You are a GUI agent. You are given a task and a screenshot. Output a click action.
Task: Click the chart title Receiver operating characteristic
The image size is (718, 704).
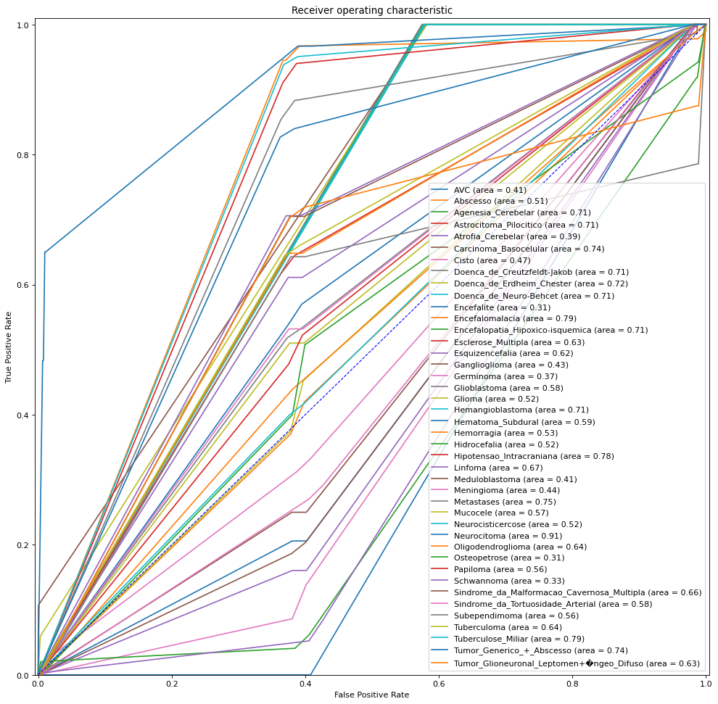coord(371,10)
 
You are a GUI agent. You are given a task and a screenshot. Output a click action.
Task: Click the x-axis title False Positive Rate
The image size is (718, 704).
coord(371,695)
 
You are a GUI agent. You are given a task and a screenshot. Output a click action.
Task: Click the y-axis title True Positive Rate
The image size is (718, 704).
coord(9,347)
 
